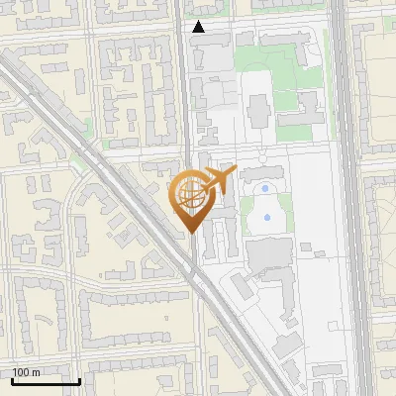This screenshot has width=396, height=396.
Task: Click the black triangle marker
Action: (199, 27)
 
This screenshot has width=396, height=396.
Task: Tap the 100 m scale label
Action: (27, 372)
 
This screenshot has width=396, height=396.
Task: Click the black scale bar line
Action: (45, 380)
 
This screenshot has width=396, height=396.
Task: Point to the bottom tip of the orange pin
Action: (189, 233)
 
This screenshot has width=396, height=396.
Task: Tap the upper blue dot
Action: (264, 188)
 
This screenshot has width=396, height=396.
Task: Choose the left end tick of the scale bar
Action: (11, 379)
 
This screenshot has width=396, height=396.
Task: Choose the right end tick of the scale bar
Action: (79, 379)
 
